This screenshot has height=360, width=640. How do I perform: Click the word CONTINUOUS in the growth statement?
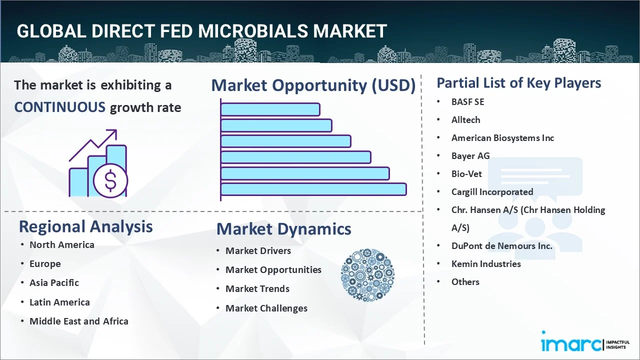59,107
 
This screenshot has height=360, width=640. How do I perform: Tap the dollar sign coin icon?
110,181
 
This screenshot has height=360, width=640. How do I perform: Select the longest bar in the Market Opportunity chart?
313,189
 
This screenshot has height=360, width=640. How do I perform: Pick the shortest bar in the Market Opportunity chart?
270,109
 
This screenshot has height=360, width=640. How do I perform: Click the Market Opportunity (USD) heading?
313,85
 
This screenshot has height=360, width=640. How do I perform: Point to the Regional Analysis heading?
85,226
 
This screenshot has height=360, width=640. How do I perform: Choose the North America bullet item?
61,245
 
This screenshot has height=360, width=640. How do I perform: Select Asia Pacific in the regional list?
54,283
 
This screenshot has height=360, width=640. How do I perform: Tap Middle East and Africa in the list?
78,321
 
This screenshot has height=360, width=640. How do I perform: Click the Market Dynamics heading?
283,229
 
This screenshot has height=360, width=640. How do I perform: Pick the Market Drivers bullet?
258,251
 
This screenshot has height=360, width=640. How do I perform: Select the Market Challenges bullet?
266,308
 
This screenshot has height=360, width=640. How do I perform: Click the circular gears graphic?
367,275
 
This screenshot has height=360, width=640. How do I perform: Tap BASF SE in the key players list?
467,102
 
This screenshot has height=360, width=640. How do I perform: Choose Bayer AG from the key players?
470,156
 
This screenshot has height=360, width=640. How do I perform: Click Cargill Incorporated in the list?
492,192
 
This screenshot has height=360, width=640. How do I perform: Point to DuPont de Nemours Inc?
501,246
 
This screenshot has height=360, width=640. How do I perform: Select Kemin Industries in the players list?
486,264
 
